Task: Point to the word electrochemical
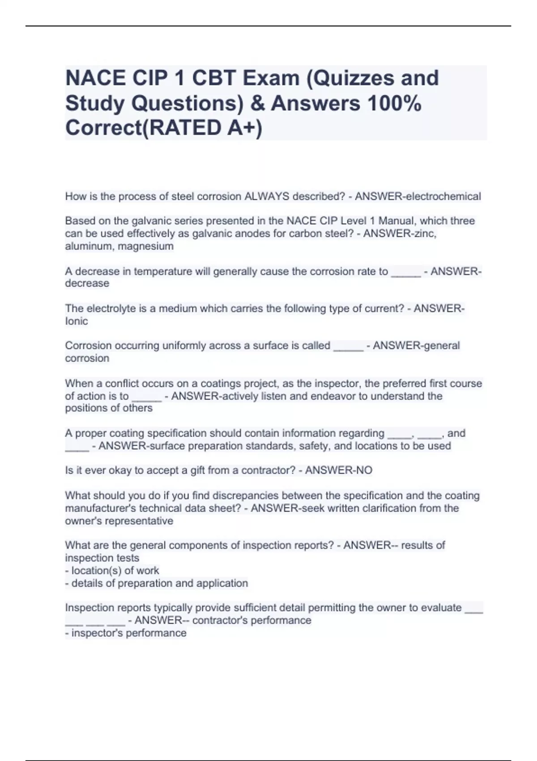point(443,197)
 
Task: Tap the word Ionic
point(77,321)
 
